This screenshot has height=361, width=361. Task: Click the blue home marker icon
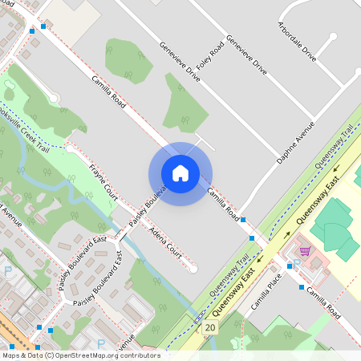[180, 173]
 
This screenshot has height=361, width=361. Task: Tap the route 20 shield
[210, 327]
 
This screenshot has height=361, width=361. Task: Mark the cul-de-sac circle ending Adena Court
[193, 269]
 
